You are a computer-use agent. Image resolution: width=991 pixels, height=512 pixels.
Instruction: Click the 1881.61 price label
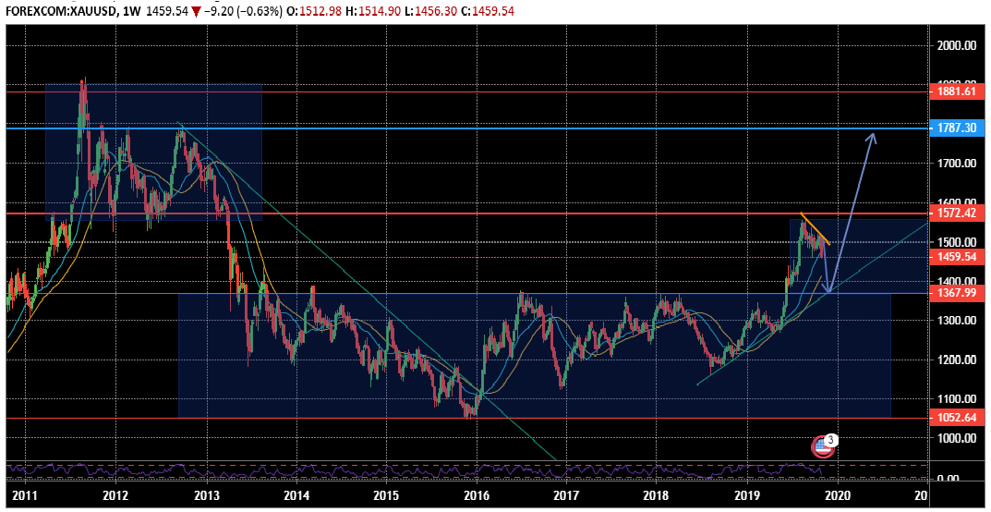pyautogui.click(x=956, y=91)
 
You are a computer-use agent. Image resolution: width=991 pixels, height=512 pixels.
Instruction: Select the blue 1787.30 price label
pyautogui.click(x=956, y=128)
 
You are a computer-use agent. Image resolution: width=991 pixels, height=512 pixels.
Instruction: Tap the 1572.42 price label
pyautogui.click(x=956, y=213)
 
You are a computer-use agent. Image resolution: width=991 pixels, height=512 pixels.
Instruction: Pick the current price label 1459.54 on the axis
pyautogui.click(x=956, y=257)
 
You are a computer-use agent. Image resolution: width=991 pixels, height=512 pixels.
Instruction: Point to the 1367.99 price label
pyautogui.click(x=956, y=293)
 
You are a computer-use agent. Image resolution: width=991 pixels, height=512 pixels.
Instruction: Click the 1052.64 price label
pyautogui.click(x=956, y=418)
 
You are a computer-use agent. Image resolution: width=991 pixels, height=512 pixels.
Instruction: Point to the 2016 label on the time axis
pyautogui.click(x=476, y=495)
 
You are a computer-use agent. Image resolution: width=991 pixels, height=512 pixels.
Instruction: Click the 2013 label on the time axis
pyautogui.click(x=206, y=495)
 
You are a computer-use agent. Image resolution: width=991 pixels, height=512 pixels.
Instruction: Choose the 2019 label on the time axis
pyautogui.click(x=745, y=495)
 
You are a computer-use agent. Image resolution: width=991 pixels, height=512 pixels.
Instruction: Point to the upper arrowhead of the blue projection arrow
pyautogui.click(x=871, y=136)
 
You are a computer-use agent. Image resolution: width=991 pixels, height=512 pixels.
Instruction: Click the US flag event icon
pyautogui.click(x=822, y=446)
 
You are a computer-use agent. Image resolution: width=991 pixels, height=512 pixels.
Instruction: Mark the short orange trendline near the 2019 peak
pyautogui.click(x=815, y=228)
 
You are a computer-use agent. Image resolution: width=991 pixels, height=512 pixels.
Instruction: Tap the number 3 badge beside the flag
pyautogui.click(x=831, y=440)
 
